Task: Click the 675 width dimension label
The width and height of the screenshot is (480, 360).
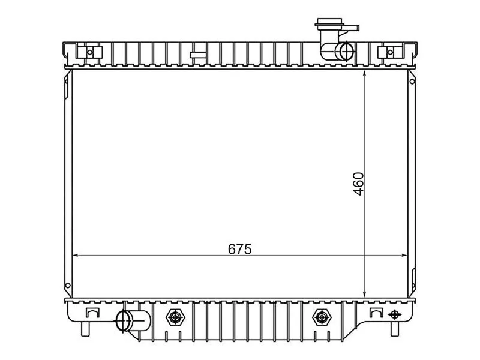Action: [x=239, y=249]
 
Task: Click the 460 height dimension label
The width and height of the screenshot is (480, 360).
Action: [x=358, y=184]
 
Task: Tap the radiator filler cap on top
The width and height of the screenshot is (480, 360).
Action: [x=329, y=24]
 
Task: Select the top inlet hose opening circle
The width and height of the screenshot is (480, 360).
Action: [x=346, y=51]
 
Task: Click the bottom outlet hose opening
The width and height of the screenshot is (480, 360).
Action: [x=124, y=320]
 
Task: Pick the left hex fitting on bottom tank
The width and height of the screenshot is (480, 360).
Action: [x=175, y=317]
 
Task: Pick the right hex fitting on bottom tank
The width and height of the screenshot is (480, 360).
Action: [x=321, y=317]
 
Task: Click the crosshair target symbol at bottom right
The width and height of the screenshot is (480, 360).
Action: [x=394, y=314]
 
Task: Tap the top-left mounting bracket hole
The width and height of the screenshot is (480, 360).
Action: [x=89, y=52]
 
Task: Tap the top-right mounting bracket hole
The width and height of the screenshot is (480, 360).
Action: [x=390, y=52]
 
